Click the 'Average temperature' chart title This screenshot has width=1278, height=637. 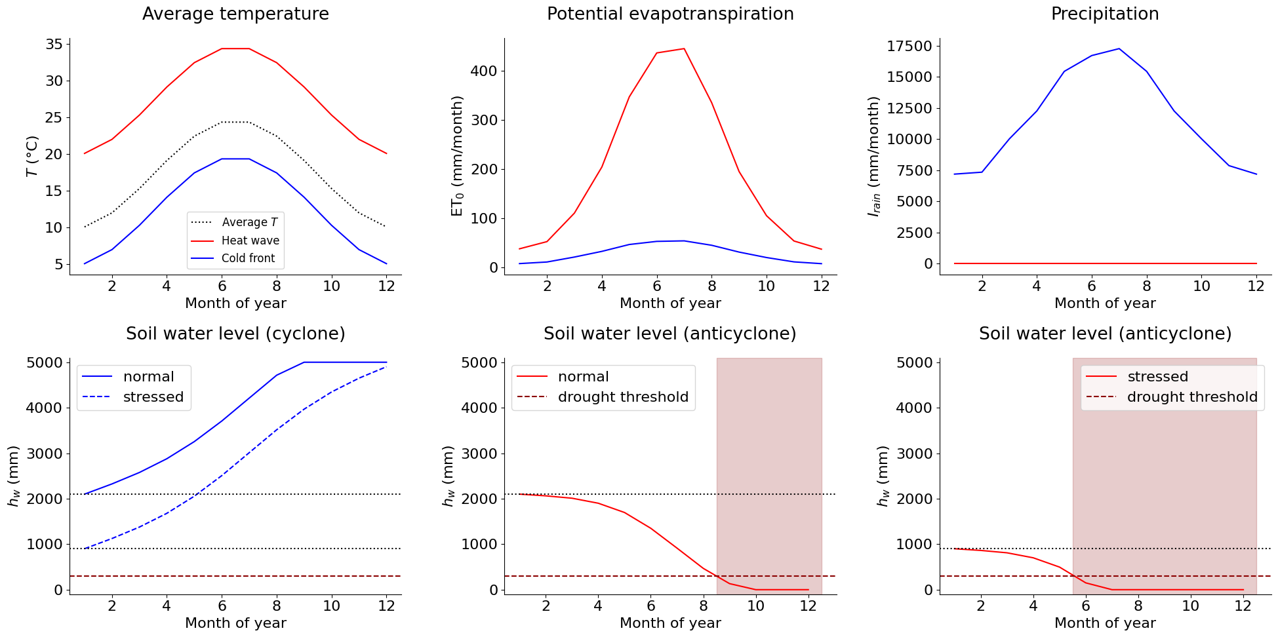click(235, 14)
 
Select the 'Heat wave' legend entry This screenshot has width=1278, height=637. click(250, 241)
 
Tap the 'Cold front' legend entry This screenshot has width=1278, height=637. click(248, 258)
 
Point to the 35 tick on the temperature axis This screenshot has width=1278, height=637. click(54, 45)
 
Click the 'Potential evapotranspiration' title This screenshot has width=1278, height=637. click(670, 14)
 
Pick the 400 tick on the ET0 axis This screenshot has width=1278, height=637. click(483, 71)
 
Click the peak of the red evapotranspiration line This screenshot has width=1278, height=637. click(684, 48)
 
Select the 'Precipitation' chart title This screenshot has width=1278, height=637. click(1105, 14)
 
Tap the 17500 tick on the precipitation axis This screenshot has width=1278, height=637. click(908, 46)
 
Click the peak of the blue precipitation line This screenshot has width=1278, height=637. click(1119, 48)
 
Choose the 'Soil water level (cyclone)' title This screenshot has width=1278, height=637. click(235, 334)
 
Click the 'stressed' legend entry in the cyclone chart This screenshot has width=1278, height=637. click(153, 397)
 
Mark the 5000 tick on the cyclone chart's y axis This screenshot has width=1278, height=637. click(47, 362)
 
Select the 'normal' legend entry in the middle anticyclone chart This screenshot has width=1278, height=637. click(583, 377)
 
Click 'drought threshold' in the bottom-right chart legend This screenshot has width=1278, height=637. click(1191, 397)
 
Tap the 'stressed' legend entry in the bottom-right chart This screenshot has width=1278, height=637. click(1157, 377)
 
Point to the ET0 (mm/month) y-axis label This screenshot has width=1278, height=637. click(457, 156)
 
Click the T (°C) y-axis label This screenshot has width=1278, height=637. click(32, 156)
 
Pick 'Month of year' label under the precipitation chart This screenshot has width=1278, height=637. click(1105, 303)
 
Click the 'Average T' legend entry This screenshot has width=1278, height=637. click(249, 222)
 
